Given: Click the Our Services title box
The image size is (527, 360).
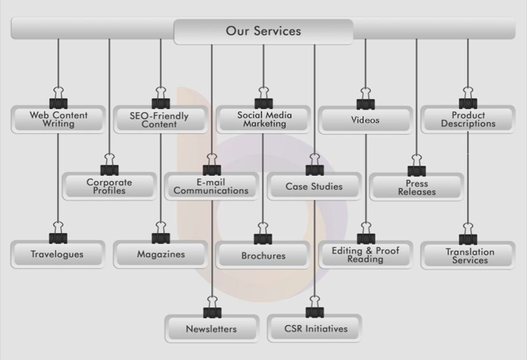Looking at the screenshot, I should (x=263, y=32).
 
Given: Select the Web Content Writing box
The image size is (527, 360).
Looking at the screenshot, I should (x=58, y=120).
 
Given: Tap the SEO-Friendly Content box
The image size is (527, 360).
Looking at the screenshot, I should (x=160, y=120).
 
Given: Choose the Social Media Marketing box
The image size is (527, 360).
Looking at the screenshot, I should (x=263, y=120).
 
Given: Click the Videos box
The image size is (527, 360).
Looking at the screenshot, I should (x=365, y=120).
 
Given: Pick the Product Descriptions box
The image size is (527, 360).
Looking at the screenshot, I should (x=467, y=120).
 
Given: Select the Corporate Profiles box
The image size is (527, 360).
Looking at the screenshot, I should (x=109, y=187).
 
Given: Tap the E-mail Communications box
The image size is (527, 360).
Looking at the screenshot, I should (x=211, y=187).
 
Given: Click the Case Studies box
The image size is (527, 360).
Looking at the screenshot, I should (x=313, y=187).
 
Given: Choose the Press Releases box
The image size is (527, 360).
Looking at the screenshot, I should (x=416, y=187).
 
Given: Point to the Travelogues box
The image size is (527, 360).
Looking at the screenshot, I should (x=58, y=254).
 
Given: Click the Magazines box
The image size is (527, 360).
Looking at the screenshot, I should (x=160, y=254).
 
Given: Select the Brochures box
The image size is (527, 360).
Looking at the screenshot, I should (x=263, y=255).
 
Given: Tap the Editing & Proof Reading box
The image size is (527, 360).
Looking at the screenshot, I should (x=365, y=255).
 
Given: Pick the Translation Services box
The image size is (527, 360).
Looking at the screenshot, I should (x=467, y=255).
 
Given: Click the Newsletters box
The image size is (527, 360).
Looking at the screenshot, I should (x=211, y=329).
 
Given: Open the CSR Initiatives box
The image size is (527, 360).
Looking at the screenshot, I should (x=313, y=329).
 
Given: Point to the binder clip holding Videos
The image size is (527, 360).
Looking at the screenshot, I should (x=365, y=102).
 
